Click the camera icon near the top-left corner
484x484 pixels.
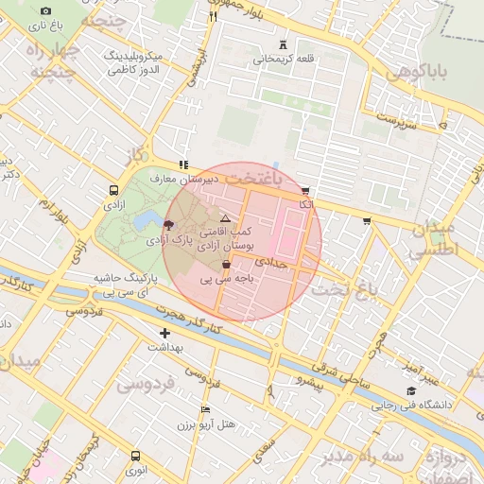(x=45, y=10)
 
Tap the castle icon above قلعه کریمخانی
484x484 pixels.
(x=283, y=44)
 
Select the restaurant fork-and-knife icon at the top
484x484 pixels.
(x=213, y=15)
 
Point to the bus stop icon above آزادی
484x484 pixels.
(x=114, y=189)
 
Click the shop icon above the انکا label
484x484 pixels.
(x=305, y=190)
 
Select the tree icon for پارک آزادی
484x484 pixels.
(x=168, y=224)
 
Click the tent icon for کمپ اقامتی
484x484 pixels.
(x=225, y=217)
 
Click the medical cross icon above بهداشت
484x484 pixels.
(x=164, y=333)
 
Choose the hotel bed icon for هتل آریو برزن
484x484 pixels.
(x=205, y=409)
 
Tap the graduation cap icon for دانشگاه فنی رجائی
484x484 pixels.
(x=410, y=390)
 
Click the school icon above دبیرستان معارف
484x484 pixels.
(x=182, y=164)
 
